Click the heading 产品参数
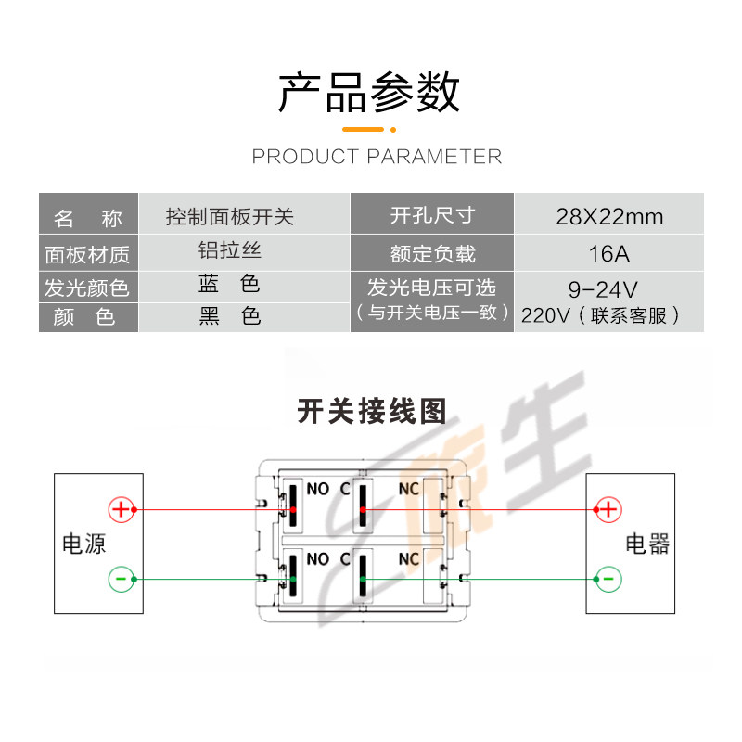pos(370,93)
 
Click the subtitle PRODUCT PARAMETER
pos(377,156)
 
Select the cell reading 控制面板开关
pos(229,217)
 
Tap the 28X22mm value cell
pos(609,217)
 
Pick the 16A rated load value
pos(608,253)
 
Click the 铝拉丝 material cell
pos(229,250)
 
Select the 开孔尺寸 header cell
pos(432,215)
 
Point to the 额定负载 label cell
pos(432,253)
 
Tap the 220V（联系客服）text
pos(601,315)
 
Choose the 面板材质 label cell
pos(88,253)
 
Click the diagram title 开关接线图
pos(372,411)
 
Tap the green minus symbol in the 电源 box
pos(122,580)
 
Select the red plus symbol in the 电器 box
pos(608,509)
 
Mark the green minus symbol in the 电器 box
pos(608,580)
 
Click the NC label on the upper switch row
pos(409,489)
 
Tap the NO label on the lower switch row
pos(317,559)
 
